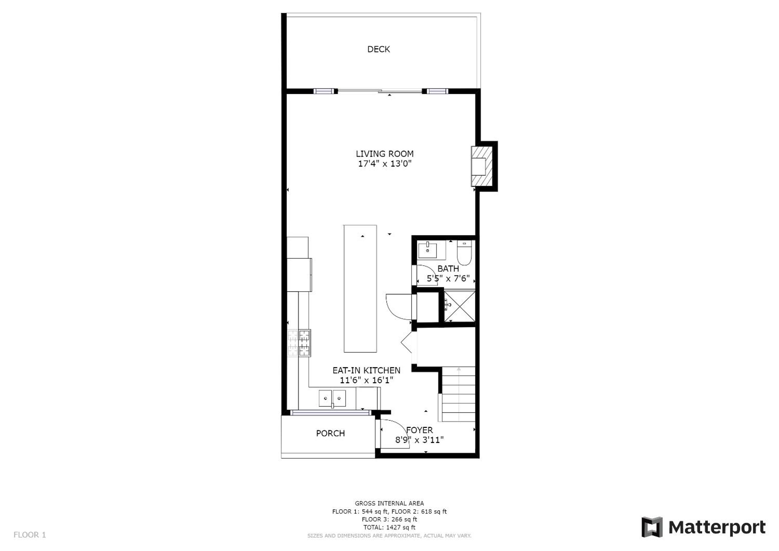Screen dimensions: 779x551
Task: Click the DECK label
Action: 379,49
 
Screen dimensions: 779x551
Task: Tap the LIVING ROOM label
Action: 385,154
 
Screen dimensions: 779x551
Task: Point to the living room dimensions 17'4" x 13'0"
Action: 385,164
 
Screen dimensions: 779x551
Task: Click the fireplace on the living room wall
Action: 481,166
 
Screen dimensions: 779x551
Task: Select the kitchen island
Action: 360,288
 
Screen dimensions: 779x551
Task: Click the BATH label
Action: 448,269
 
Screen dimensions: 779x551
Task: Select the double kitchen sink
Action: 332,398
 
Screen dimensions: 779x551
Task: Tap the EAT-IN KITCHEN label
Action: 366,370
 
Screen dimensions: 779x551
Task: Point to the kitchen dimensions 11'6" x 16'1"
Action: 366,380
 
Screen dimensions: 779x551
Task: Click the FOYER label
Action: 419,430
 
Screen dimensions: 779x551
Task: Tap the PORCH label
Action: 330,433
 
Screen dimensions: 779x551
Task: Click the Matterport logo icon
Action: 652,527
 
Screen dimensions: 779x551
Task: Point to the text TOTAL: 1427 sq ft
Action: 389,527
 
